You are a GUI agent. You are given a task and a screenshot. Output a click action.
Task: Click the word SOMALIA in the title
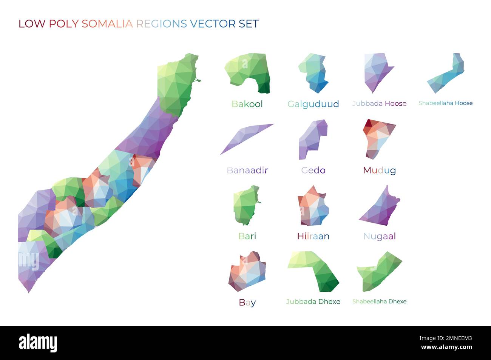pyautogui.click(x=107, y=24)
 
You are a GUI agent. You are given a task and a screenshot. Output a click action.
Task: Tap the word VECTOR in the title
pyautogui.click(x=213, y=24)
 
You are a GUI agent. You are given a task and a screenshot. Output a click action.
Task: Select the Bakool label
pyautogui.click(x=247, y=104)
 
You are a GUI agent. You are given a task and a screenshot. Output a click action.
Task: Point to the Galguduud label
pyautogui.click(x=313, y=104)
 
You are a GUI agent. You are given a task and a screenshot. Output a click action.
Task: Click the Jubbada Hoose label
pyautogui.click(x=379, y=103)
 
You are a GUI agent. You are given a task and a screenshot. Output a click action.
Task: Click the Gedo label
pyautogui.click(x=313, y=170)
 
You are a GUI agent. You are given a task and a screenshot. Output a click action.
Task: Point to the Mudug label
pyautogui.click(x=379, y=170)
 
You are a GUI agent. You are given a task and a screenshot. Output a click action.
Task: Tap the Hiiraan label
pyautogui.click(x=313, y=236)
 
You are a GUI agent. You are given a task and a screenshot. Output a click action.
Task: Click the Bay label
pyautogui.click(x=247, y=302)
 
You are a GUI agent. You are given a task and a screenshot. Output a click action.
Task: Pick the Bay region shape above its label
pyautogui.click(x=247, y=272)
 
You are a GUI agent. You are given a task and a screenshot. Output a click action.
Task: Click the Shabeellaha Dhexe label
pyautogui.click(x=379, y=302)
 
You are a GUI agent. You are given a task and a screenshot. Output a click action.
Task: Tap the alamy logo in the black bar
pyautogui.click(x=38, y=343)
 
